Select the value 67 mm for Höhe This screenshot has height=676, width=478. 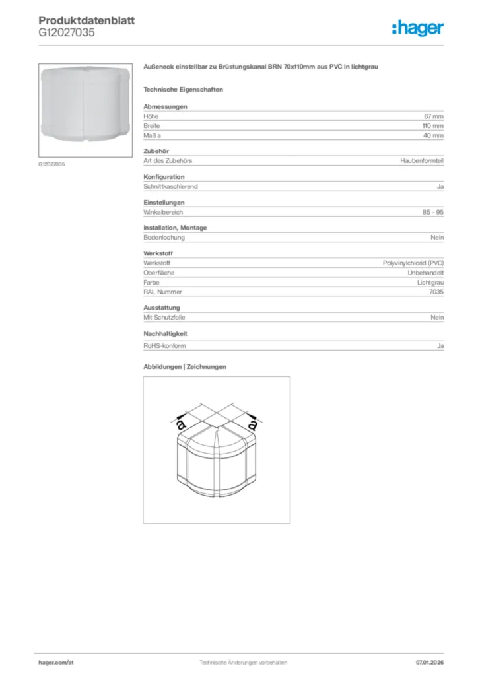pyautogui.click(x=434, y=116)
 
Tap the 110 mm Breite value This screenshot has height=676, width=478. pyautogui.click(x=433, y=125)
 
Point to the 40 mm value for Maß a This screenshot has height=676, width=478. pyautogui.click(x=434, y=135)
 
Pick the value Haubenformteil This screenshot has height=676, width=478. pyautogui.click(x=422, y=160)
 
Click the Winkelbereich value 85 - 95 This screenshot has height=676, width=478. pyautogui.click(x=433, y=212)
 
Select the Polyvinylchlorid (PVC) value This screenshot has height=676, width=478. pyautogui.click(x=413, y=263)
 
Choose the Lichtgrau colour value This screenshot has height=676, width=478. pyautogui.click(x=430, y=282)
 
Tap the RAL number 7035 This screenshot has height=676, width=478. pyautogui.click(x=436, y=292)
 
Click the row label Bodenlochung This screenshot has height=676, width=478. pyautogui.click(x=164, y=238)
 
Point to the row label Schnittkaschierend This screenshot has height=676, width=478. pyautogui.click(x=170, y=186)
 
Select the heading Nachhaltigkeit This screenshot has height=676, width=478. pyautogui.click(x=166, y=334)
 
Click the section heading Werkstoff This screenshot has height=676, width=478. pyautogui.click(x=158, y=253)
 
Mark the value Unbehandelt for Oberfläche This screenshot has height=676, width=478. pyautogui.click(x=426, y=273)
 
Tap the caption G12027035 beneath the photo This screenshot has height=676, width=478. pyautogui.click(x=51, y=164)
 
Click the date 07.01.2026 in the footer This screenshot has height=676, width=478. pyautogui.click(x=430, y=662)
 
